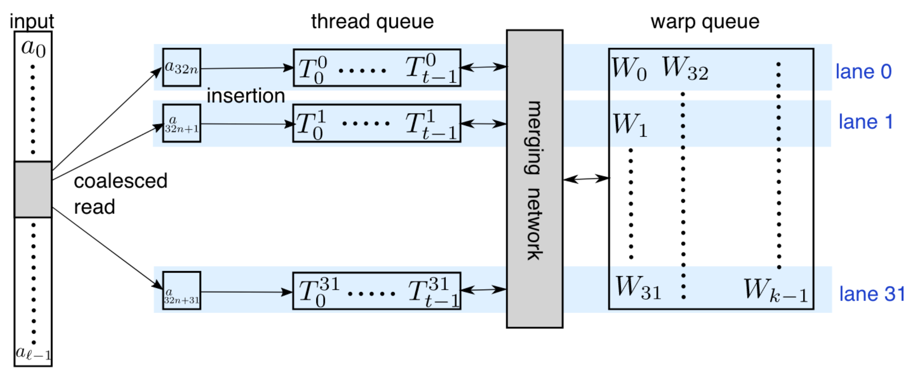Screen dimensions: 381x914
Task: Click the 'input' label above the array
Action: click(32, 21)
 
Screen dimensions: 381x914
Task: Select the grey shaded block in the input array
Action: click(33, 189)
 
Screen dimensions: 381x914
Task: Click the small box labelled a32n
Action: click(182, 67)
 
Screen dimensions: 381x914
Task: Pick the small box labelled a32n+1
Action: click(182, 123)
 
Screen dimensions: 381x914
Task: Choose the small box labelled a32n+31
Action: click(182, 291)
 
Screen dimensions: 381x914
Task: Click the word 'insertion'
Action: click(246, 96)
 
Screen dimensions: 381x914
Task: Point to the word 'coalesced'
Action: click(121, 181)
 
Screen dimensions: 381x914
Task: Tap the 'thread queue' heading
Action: click(372, 21)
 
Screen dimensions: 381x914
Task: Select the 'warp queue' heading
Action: click(705, 21)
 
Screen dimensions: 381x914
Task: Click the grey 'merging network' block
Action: click(534, 179)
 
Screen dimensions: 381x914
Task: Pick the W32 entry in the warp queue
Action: click(685, 68)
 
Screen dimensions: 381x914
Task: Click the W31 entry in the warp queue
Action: click(638, 288)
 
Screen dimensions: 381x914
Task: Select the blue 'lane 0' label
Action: click(863, 71)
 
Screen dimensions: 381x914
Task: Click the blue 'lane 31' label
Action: click(872, 294)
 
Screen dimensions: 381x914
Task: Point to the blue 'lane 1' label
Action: click(866, 122)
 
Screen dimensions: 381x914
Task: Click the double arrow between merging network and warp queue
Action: click(586, 179)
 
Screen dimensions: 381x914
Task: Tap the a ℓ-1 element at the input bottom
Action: click(33, 353)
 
